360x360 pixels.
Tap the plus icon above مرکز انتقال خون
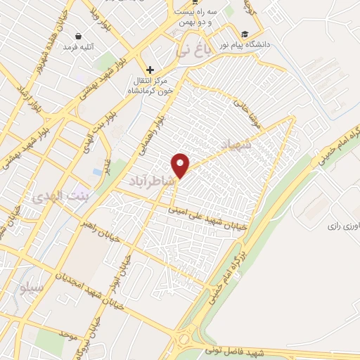point(150,70)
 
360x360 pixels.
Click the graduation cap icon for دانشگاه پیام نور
point(245,34)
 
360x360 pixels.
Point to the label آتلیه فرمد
point(79,46)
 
